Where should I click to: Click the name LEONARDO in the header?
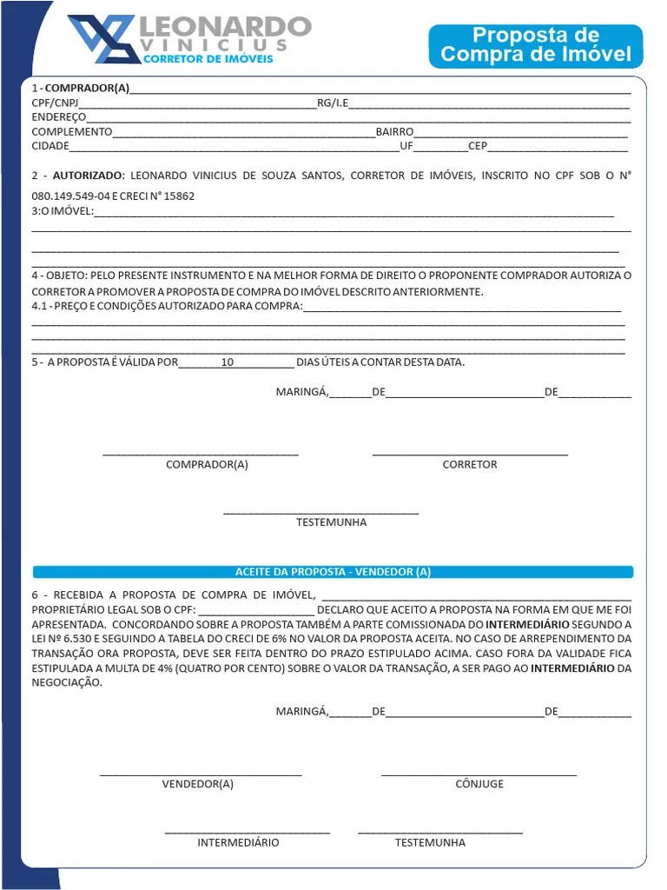click(224, 26)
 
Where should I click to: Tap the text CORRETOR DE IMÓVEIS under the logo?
click(207, 59)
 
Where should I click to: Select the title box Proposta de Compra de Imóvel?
click(535, 45)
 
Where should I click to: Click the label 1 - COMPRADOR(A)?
click(80, 89)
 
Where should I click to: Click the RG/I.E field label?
click(333, 103)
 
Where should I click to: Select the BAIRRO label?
click(394, 132)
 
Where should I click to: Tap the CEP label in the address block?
click(478, 146)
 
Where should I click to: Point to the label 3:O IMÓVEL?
click(62, 211)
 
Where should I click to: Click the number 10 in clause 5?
click(228, 362)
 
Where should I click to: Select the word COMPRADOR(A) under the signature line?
click(207, 465)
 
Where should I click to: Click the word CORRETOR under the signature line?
click(470, 465)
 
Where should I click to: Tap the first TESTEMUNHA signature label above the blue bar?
click(331, 522)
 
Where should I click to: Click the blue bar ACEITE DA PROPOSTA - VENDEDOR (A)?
click(333, 572)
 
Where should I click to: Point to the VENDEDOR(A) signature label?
click(198, 784)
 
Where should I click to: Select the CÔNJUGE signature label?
click(479, 784)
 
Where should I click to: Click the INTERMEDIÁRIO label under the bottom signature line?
click(238, 843)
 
